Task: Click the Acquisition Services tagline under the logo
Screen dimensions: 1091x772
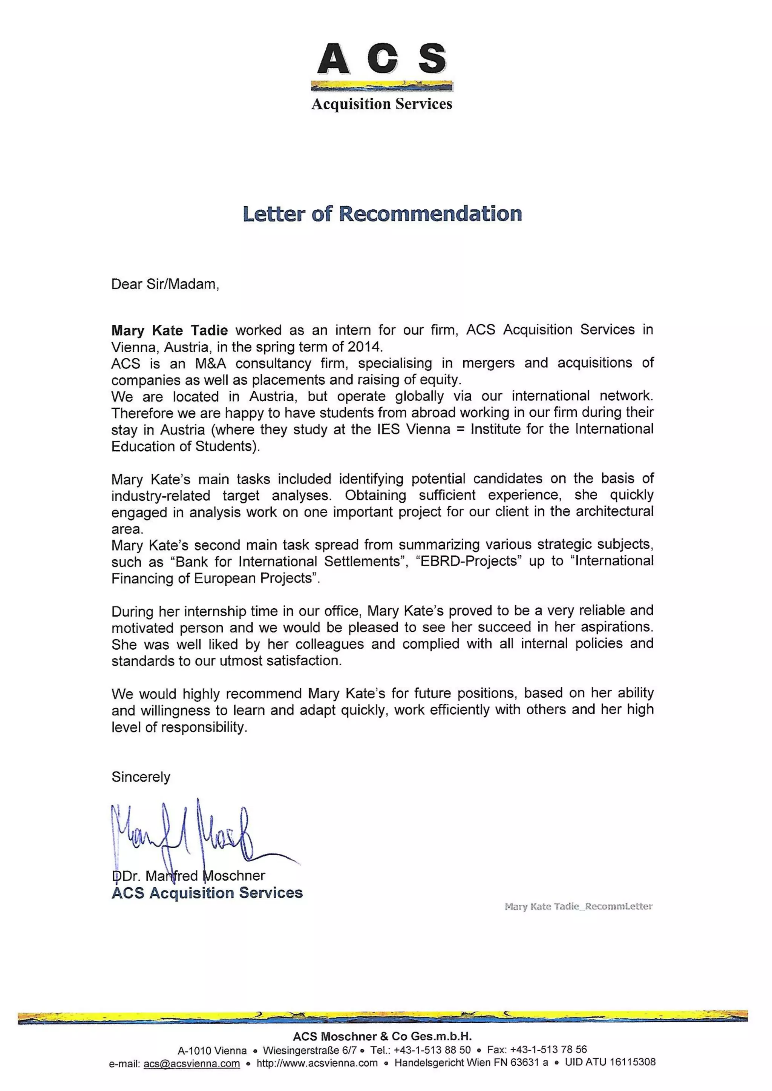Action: click(382, 104)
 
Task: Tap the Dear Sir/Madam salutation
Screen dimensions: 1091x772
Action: click(165, 284)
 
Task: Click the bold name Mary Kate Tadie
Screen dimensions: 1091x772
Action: click(169, 330)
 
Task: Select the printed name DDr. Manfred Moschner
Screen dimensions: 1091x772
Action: click(188, 876)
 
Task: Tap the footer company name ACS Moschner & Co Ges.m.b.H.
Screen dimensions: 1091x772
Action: click(382, 1036)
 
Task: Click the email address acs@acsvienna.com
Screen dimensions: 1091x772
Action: click(191, 1063)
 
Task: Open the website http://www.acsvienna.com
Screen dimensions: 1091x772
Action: click(317, 1063)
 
